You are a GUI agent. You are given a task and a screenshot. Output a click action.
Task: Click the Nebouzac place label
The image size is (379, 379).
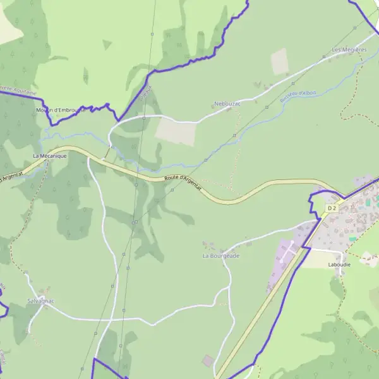[228, 103]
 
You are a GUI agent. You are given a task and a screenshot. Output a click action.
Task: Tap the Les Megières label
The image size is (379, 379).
[349, 49]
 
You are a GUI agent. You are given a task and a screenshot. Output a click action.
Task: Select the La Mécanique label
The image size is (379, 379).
[50, 155]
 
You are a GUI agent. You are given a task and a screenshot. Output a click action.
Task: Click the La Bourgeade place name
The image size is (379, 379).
[221, 256]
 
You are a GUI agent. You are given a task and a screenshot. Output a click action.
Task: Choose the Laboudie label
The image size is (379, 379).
[339, 265]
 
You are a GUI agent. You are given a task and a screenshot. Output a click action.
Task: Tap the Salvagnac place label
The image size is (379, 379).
[41, 301]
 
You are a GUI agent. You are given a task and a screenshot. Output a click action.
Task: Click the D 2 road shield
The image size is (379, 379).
[332, 208]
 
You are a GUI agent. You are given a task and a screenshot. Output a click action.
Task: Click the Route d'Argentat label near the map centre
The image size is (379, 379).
[182, 184]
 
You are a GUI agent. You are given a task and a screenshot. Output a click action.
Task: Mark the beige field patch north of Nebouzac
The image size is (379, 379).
[279, 61]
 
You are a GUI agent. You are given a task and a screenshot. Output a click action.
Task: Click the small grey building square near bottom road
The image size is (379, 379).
[208, 360]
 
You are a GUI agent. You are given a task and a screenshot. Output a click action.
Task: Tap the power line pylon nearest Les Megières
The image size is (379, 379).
[324, 57]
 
